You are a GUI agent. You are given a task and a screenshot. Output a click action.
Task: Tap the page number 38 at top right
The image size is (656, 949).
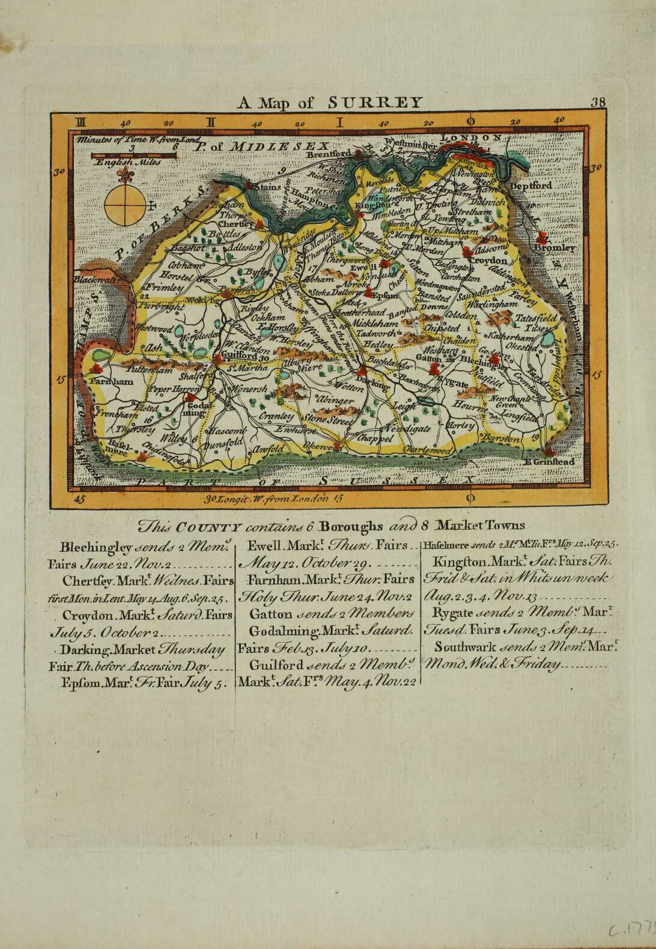click(598, 102)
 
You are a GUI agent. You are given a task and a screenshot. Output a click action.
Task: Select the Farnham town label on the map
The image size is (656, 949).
click(112, 381)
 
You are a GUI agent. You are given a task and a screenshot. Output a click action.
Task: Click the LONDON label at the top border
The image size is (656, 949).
click(471, 138)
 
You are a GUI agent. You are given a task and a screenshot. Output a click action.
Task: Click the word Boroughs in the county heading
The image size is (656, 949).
click(350, 527)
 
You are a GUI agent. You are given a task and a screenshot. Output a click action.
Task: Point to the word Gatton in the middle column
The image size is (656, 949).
click(270, 614)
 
